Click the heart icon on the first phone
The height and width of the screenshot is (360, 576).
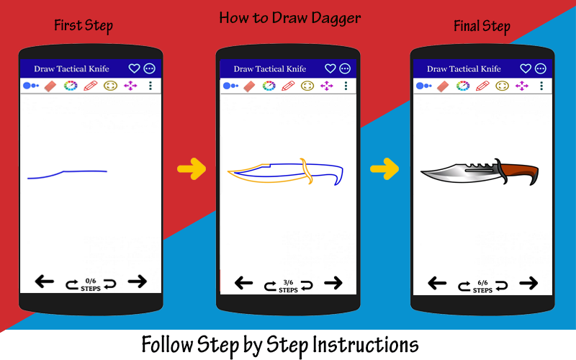(x=134, y=68)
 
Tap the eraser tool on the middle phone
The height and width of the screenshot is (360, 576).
(x=249, y=86)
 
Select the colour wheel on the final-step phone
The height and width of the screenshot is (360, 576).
(x=462, y=86)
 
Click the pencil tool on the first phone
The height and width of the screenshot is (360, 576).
(x=91, y=86)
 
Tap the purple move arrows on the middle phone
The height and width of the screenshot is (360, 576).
(x=327, y=86)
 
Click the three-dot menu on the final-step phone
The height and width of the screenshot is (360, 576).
(x=541, y=86)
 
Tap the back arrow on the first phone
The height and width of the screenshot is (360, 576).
(x=45, y=282)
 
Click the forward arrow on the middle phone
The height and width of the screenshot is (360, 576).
(x=333, y=283)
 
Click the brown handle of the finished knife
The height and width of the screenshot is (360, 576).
(x=521, y=172)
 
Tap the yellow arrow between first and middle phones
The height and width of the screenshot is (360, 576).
(x=192, y=169)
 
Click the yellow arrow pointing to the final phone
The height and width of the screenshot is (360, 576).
(x=384, y=169)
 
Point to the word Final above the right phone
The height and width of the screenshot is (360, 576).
(x=466, y=26)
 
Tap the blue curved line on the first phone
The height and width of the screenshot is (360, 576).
(x=67, y=174)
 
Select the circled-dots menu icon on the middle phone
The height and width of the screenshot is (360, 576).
(x=345, y=68)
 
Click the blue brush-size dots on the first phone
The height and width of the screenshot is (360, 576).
(x=31, y=86)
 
